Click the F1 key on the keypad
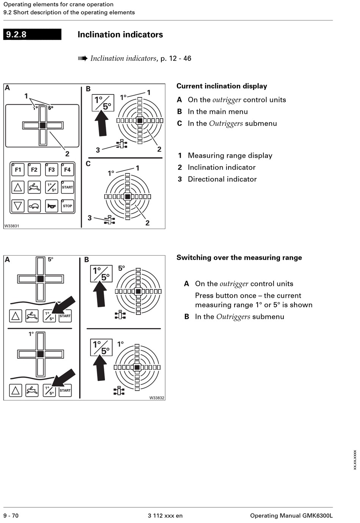click(x=18, y=170)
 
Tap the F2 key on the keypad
click(x=34, y=170)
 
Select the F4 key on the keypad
click(x=67, y=170)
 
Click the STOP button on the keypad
click(x=67, y=206)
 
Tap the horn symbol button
click(x=51, y=206)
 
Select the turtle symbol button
click(x=34, y=206)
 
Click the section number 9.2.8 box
click(x=32, y=35)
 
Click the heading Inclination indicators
click(x=120, y=35)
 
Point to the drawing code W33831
click(x=12, y=226)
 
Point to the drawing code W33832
click(x=157, y=398)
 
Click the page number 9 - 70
click(x=11, y=515)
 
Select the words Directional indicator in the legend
click(x=222, y=179)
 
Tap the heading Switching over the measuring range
click(x=239, y=258)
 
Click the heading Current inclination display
click(x=222, y=86)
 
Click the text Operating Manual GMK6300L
click(x=291, y=515)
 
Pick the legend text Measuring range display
click(x=230, y=155)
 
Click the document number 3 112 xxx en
click(x=165, y=515)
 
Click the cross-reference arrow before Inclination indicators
click(x=83, y=58)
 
